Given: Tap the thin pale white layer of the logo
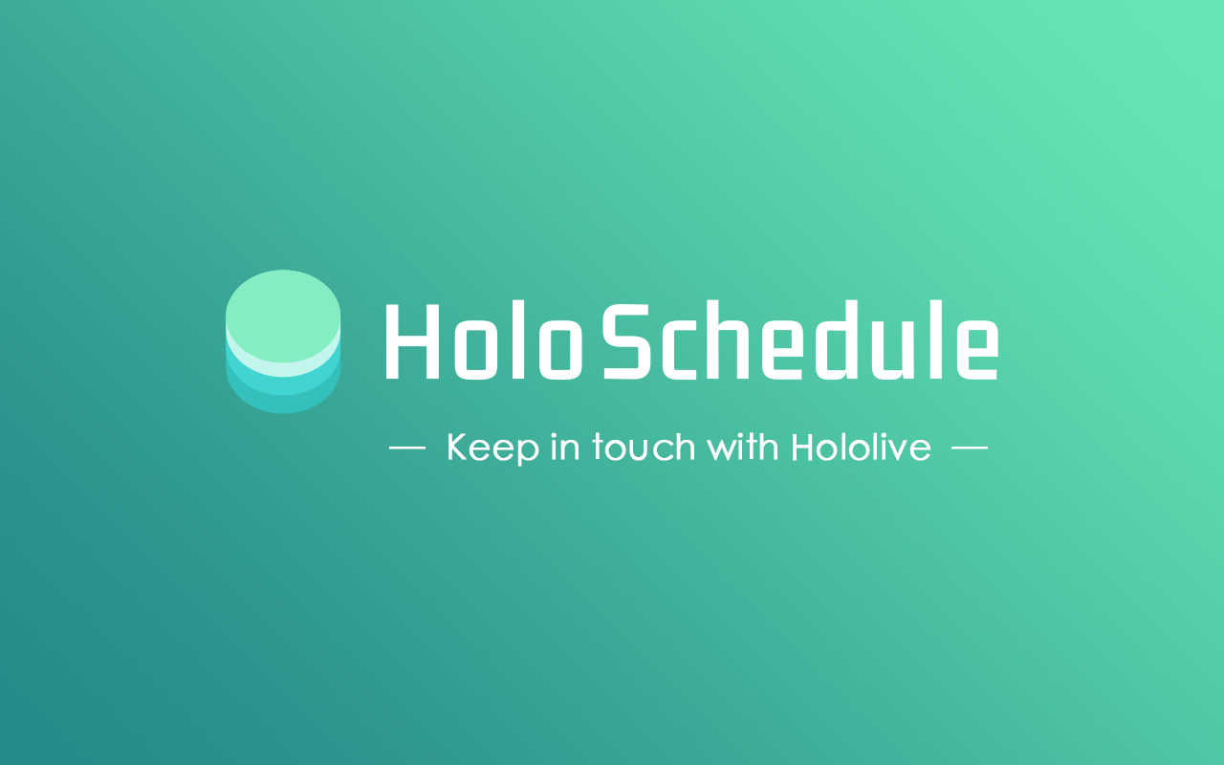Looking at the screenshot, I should [283, 368].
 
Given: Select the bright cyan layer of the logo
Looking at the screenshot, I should [283, 385].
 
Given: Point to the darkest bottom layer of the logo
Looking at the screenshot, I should [283, 404].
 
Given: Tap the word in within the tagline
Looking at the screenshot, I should [565, 448].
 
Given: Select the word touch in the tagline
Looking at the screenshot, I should [643, 448].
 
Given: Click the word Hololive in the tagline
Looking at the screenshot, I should [861, 448].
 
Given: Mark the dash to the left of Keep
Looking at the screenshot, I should [407, 448].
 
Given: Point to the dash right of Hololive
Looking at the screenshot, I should [970, 448].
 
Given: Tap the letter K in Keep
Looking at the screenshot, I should [456, 448].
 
